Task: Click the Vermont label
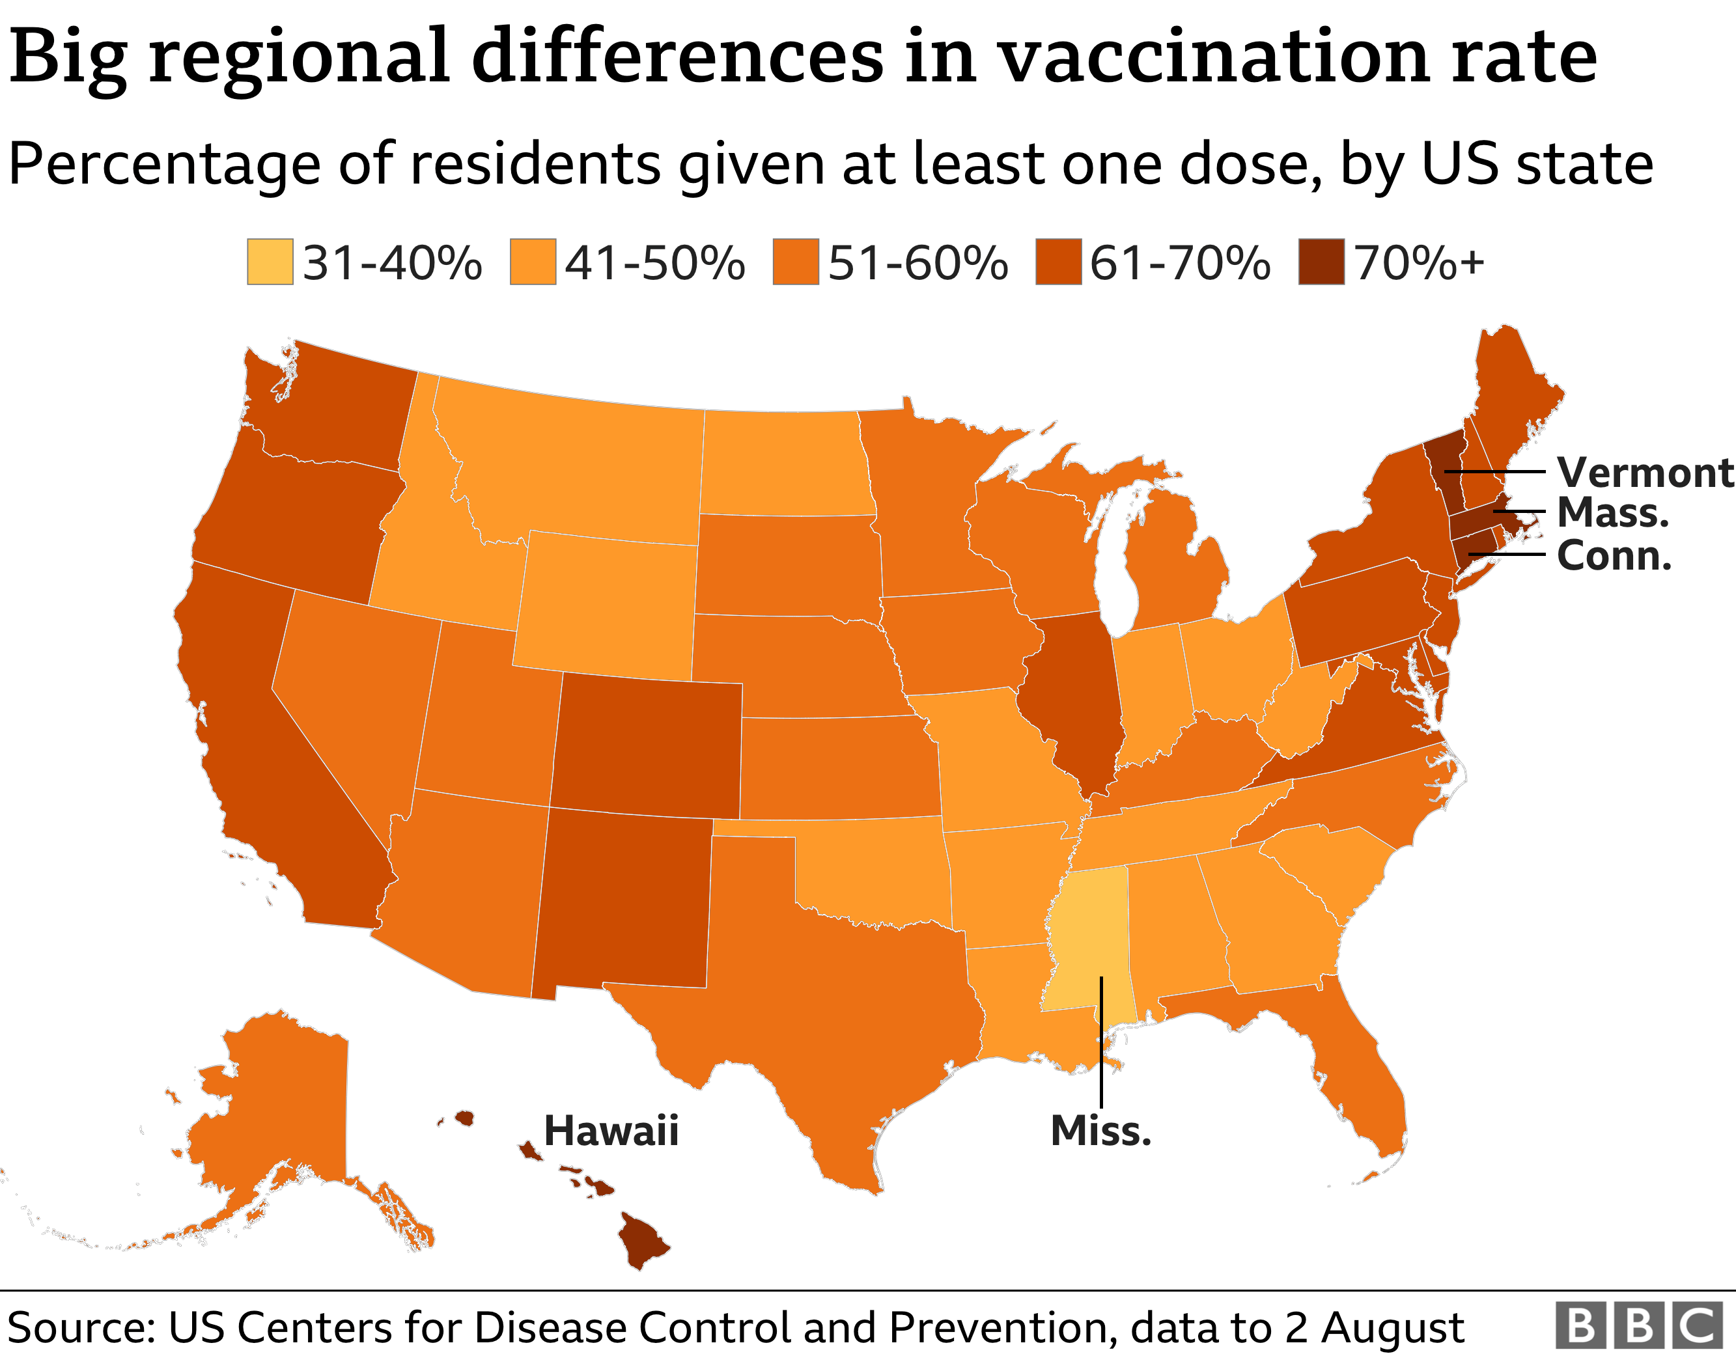pos(1644,473)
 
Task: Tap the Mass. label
pos(1612,513)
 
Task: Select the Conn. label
pos(1614,555)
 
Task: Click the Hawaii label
pos(610,1130)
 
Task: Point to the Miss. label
pos(1100,1130)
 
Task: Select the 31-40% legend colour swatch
pos(270,262)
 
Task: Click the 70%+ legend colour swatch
pos(1321,262)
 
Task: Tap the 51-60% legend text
pos(918,263)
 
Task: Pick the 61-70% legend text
pos(1180,263)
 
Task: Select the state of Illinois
pos(1073,699)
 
